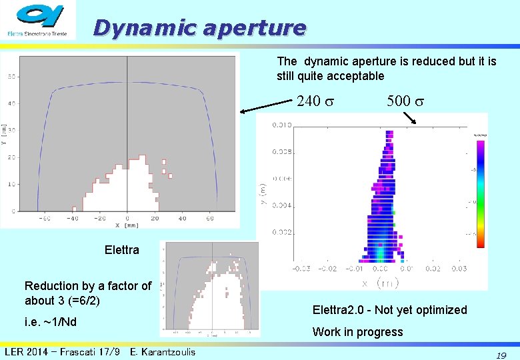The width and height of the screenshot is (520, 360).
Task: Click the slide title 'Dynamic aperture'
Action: pos(200,27)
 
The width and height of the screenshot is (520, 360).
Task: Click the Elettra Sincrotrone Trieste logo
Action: pos(39,20)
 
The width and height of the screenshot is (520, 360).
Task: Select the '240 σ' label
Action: pos(314,101)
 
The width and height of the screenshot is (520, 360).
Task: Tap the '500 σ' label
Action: pos(405,101)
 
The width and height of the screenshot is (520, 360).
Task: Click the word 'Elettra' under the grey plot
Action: pos(122,251)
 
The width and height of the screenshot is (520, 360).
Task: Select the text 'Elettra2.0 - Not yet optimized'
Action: pos(389,310)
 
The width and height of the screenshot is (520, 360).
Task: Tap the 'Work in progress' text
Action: pos(357,332)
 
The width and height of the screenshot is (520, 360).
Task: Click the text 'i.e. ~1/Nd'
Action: pos(51,323)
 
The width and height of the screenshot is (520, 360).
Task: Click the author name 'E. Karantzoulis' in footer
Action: pos(163,351)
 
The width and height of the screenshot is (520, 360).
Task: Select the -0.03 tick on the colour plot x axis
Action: pos(301,269)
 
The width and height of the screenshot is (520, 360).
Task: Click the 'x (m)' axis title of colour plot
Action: pos(380,283)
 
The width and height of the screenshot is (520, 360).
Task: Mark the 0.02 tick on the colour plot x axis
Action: pos(433,269)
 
